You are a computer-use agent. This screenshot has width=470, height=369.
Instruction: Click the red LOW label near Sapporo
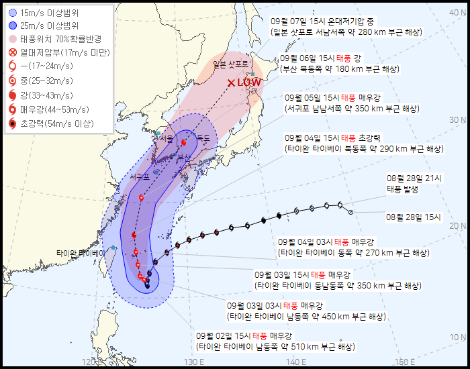(x=248, y=83)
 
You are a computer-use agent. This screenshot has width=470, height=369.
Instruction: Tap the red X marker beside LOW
(x=231, y=83)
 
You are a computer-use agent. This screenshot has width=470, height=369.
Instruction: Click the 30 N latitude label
(x=458, y=120)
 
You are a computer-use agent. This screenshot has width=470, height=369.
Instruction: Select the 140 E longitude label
(x=296, y=362)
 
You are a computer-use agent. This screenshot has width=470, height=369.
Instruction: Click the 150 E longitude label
(x=403, y=362)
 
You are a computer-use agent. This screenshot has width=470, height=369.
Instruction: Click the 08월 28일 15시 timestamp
(x=414, y=217)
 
